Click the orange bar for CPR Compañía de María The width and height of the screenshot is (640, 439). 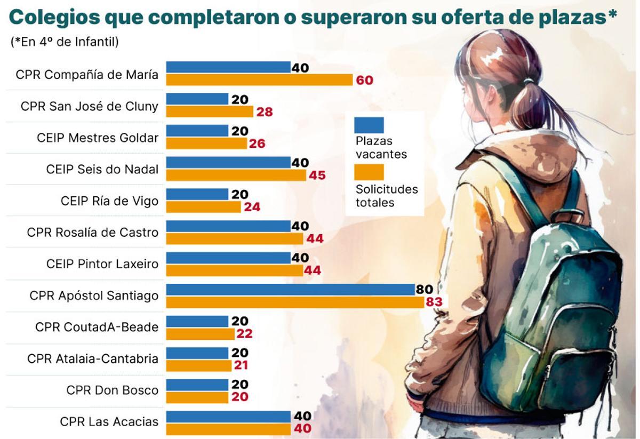click(x=259, y=80)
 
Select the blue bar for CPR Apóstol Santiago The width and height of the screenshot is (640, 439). click(x=290, y=290)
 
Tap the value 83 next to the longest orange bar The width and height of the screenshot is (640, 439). click(x=434, y=302)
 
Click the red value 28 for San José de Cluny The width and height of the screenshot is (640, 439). click(x=265, y=112)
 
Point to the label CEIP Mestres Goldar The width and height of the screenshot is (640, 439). click(x=98, y=138)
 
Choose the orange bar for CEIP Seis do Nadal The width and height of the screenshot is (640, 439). click(x=236, y=175)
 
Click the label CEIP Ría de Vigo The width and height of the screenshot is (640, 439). click(x=109, y=201)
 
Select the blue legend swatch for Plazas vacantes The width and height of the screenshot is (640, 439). click(x=369, y=125)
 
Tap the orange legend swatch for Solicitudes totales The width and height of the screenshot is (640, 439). click(x=369, y=172)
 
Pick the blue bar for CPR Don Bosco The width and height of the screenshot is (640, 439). click(x=197, y=385)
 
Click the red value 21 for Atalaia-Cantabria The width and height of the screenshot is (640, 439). click(x=241, y=365)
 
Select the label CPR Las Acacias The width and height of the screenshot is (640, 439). click(x=109, y=421)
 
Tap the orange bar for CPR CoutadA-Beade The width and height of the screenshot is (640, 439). click(x=200, y=334)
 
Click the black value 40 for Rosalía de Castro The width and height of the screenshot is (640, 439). click(x=300, y=226)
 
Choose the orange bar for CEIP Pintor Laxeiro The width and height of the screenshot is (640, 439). click(x=234, y=270)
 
